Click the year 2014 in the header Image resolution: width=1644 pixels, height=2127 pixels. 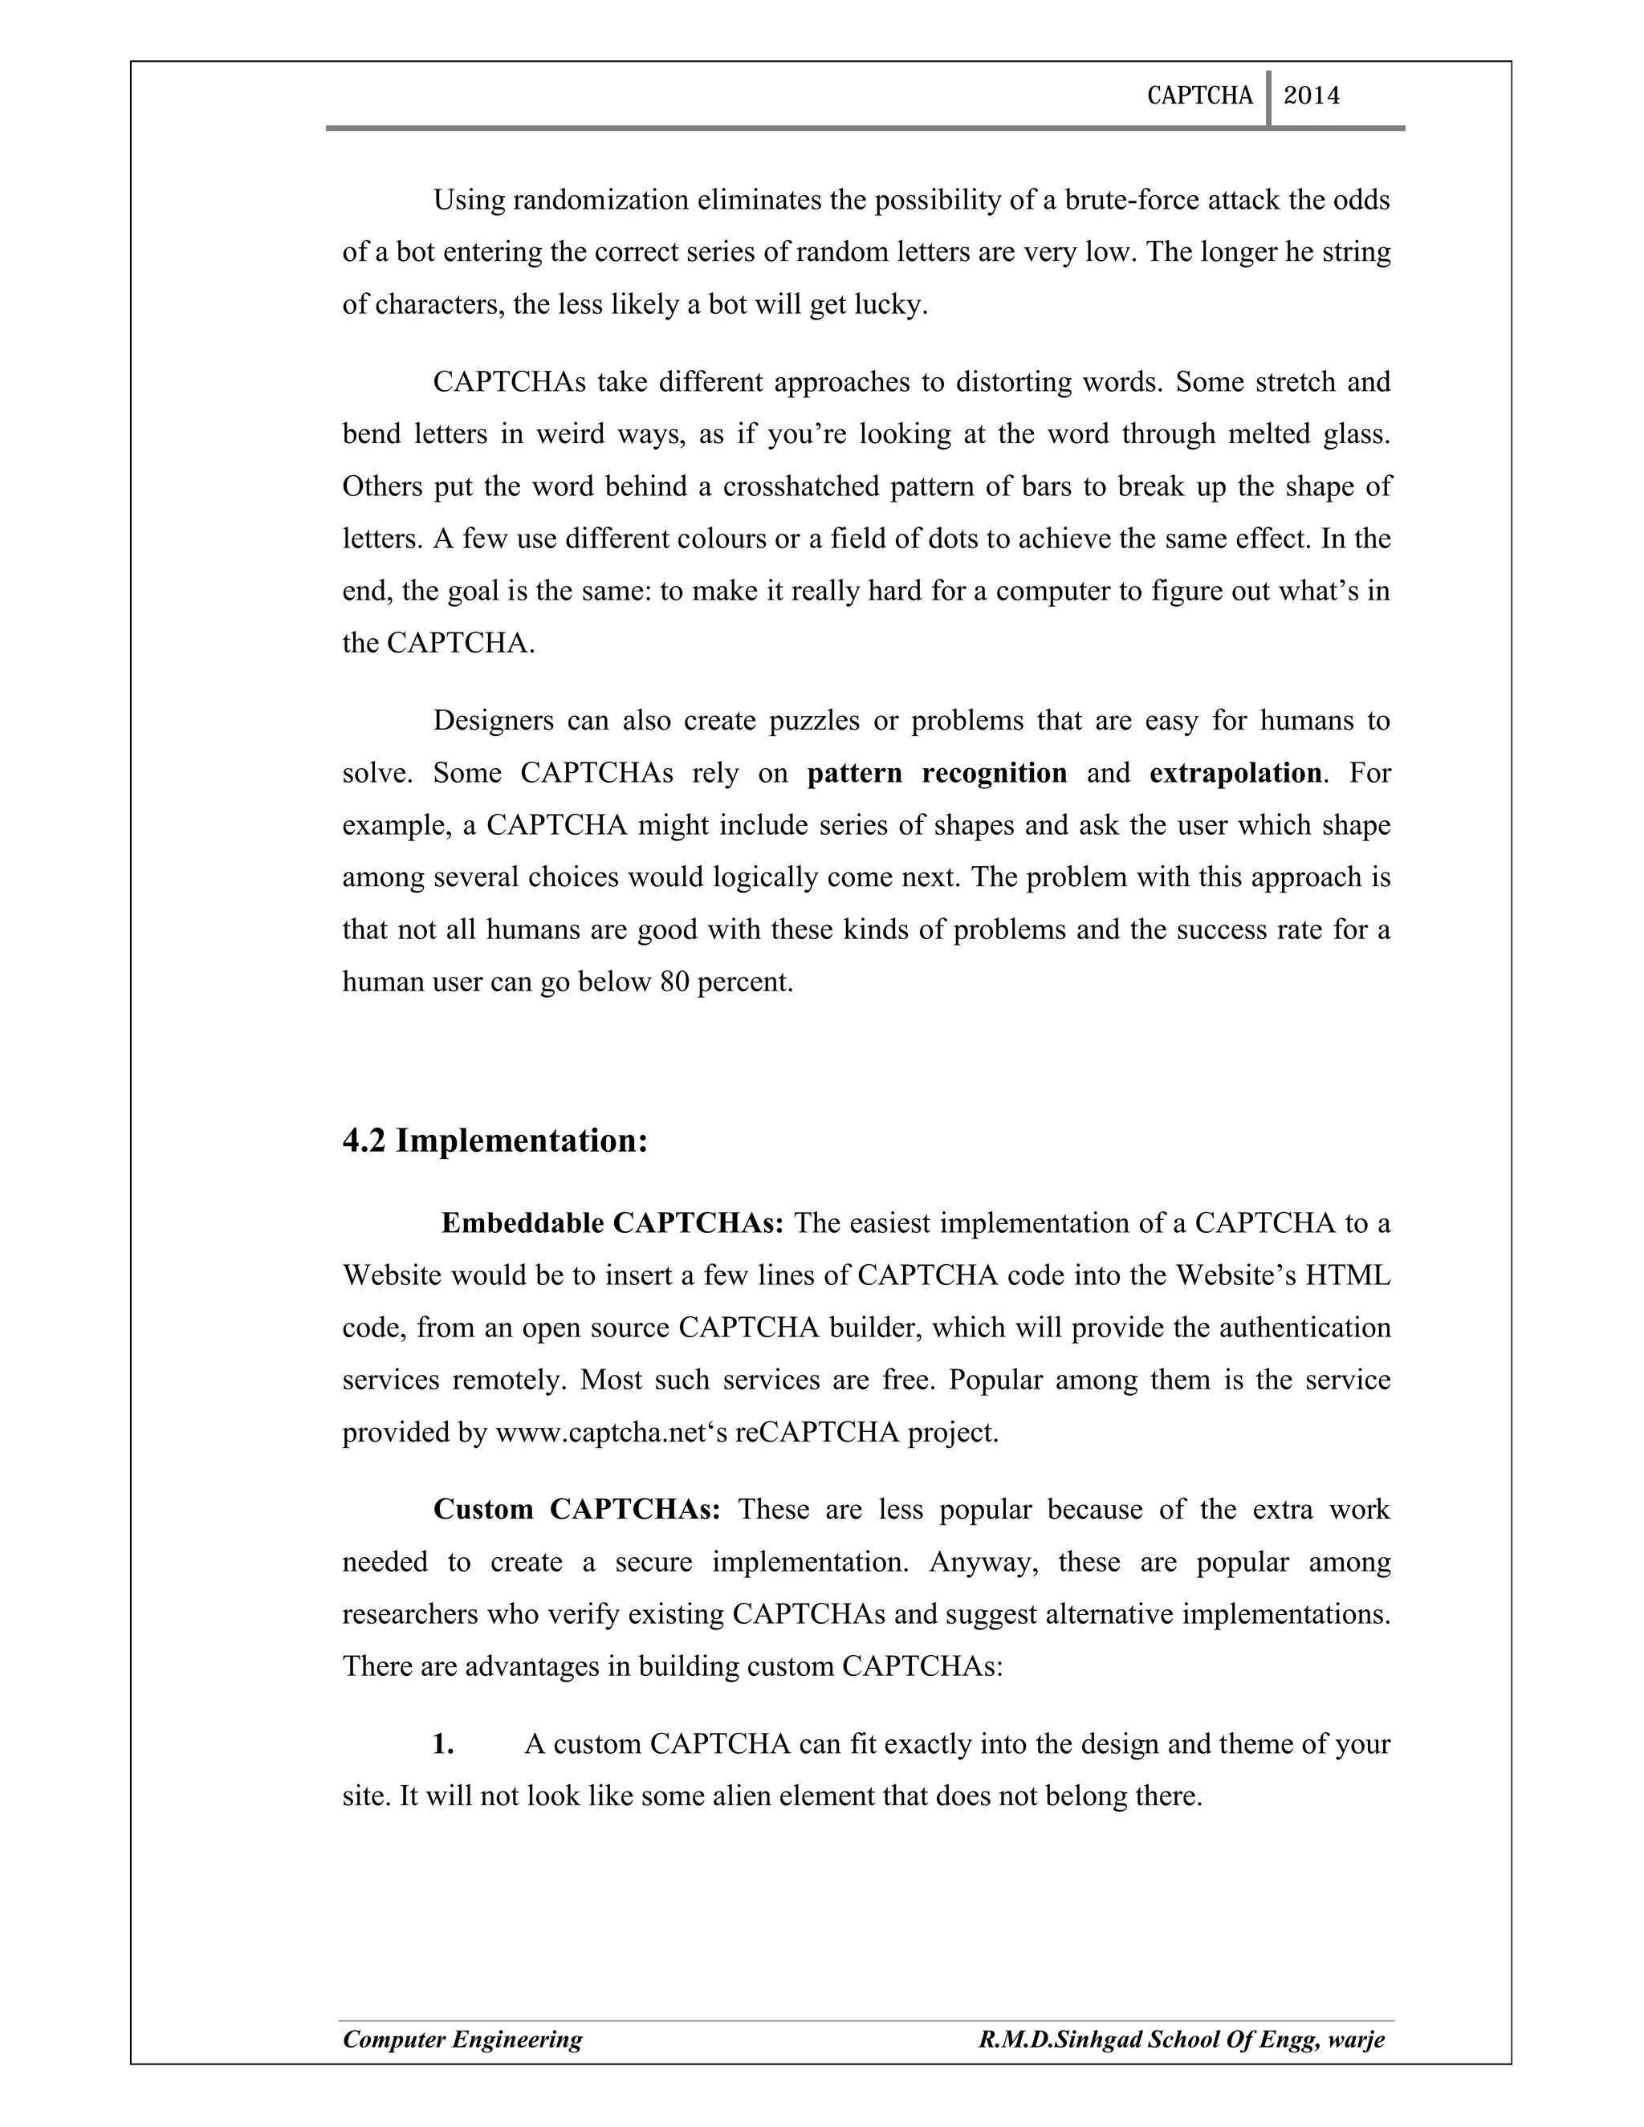1311,96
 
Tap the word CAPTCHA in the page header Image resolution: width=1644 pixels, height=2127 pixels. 1200,96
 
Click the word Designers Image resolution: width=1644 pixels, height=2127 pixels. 494,721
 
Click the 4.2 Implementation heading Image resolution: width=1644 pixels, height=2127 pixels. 494,1141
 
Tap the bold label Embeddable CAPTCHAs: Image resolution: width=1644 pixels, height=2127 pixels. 612,1223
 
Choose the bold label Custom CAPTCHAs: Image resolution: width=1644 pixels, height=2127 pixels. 576,1510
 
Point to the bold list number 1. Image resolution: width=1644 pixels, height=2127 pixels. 443,1744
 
